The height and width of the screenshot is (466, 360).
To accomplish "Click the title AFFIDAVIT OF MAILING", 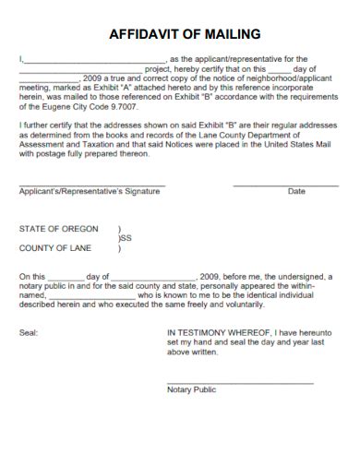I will click(x=185, y=35).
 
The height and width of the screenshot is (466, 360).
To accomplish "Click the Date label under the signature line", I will click(x=296, y=192).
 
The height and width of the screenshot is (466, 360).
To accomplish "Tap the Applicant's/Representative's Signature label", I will click(x=90, y=192).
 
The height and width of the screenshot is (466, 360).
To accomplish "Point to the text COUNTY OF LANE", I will click(x=54, y=248).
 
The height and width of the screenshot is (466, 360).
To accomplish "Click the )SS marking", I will click(x=125, y=238).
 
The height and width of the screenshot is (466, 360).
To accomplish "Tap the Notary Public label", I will click(x=191, y=389).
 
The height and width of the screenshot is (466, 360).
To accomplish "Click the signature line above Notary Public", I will click(x=240, y=381).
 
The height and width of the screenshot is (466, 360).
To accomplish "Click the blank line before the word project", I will click(x=80, y=69).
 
